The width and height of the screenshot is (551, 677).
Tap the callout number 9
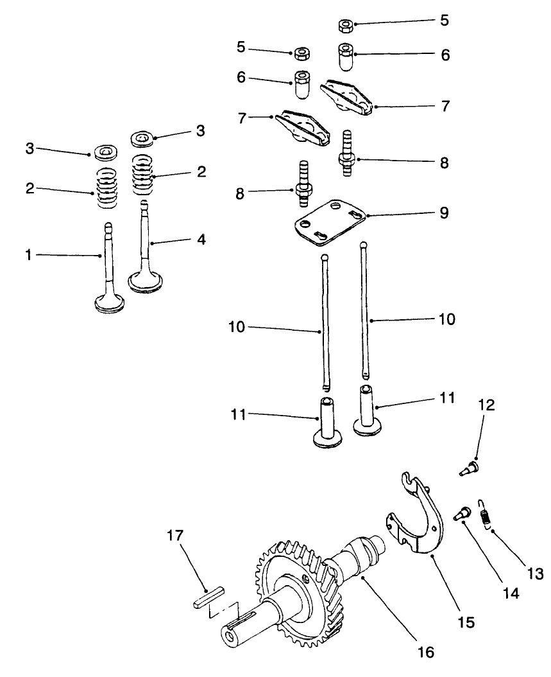pos(443,213)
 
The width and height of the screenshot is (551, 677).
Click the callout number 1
pos(28,255)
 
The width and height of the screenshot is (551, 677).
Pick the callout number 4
pos(201,240)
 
